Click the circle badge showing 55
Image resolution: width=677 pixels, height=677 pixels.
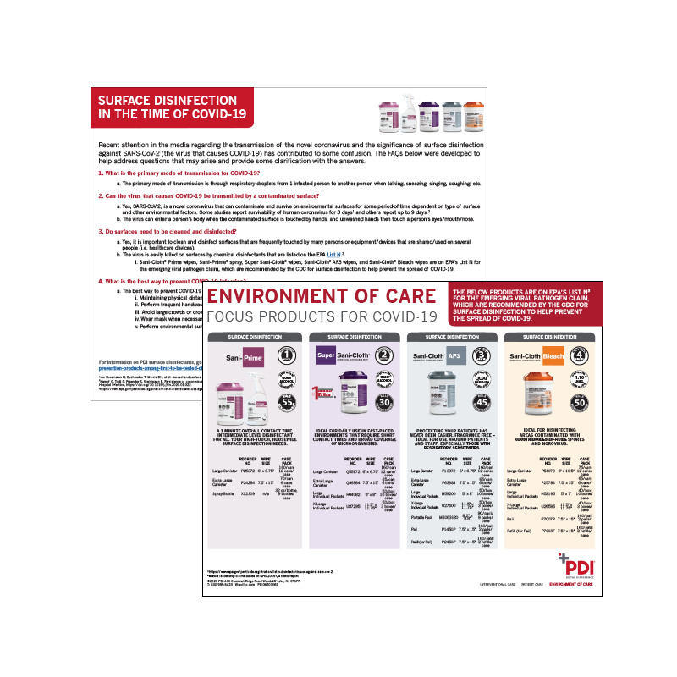285,403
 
